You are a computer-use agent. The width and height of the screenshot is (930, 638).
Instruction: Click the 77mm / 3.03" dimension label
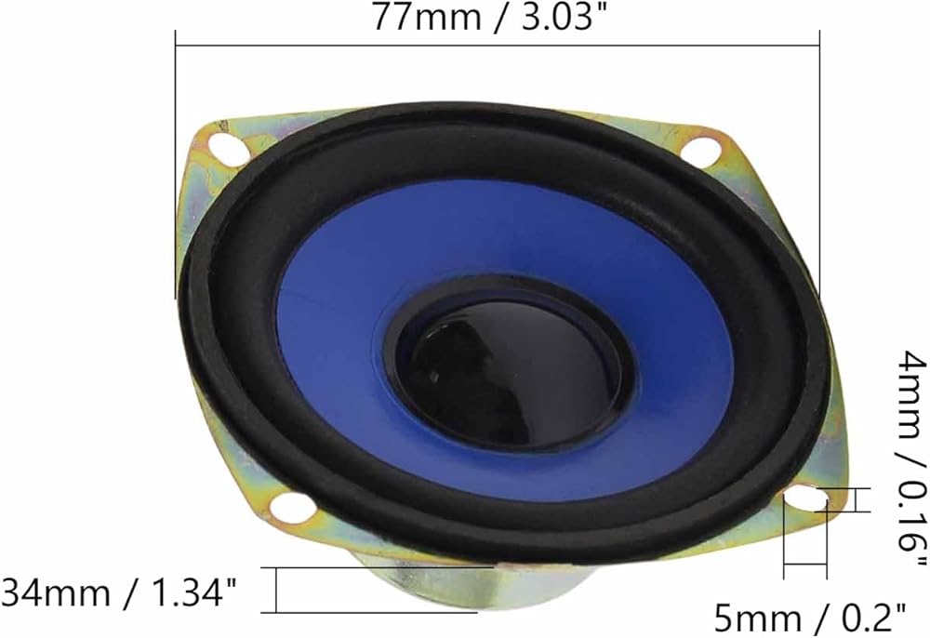(490, 17)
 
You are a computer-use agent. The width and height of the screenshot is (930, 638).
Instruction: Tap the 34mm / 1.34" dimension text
(119, 592)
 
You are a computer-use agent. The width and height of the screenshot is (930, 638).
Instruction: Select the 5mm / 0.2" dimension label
(810, 618)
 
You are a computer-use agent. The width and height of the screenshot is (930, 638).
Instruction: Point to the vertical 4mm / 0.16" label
(912, 459)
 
